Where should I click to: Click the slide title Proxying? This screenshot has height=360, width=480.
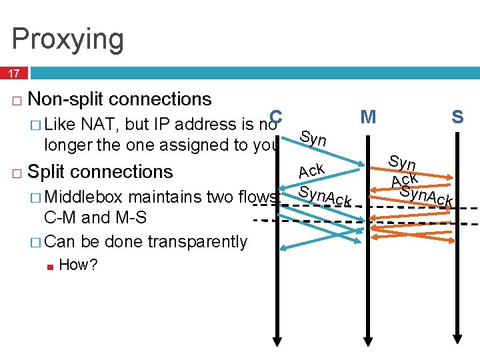pyautogui.click(x=68, y=39)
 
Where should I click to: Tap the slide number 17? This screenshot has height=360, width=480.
pyautogui.click(x=15, y=73)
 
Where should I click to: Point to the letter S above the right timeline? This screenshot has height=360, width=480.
pyautogui.click(x=457, y=118)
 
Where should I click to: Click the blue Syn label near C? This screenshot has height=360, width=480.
pyautogui.click(x=313, y=139)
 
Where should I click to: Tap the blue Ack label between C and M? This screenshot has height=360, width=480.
pyautogui.click(x=311, y=171)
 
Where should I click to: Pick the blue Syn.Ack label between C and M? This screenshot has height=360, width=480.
pyautogui.click(x=324, y=196)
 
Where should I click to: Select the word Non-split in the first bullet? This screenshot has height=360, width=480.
pyautogui.click(x=67, y=99)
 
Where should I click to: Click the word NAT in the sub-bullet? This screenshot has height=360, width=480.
pyautogui.click(x=97, y=124)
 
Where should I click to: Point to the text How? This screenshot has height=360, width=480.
pyautogui.click(x=78, y=265)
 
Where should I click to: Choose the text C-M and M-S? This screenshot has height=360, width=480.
pyautogui.click(x=95, y=217)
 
